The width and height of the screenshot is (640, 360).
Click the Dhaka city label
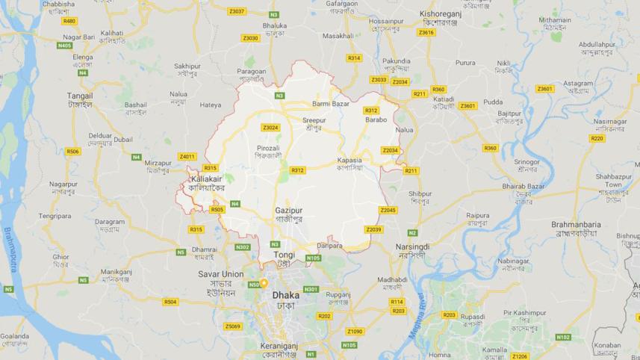pyautogui.click(x=285, y=295)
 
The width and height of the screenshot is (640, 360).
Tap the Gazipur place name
pyautogui.click(x=288, y=211)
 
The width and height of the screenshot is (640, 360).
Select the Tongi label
pyautogui.click(x=285, y=255)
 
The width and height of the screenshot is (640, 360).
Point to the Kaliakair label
pyautogui.click(x=207, y=179)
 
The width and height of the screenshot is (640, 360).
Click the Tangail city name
pyautogui.click(x=80, y=96)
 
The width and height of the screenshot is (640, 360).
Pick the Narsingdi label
pyautogui.click(x=413, y=246)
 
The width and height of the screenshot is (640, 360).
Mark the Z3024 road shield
pyautogui.click(x=270, y=127)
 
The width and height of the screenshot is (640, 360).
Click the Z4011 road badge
pyautogui.click(x=187, y=156)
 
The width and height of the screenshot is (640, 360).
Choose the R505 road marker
pyautogui.click(x=217, y=210)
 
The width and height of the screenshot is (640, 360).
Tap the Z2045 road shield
pyautogui.click(x=388, y=210)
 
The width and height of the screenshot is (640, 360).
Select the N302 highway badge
pyautogui.click(x=243, y=246)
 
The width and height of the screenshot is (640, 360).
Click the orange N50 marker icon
pyautogui.click(x=264, y=284)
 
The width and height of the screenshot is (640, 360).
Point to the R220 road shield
pyautogui.click(x=597, y=138)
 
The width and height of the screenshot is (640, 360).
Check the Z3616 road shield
pyautogui.click(x=426, y=32)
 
